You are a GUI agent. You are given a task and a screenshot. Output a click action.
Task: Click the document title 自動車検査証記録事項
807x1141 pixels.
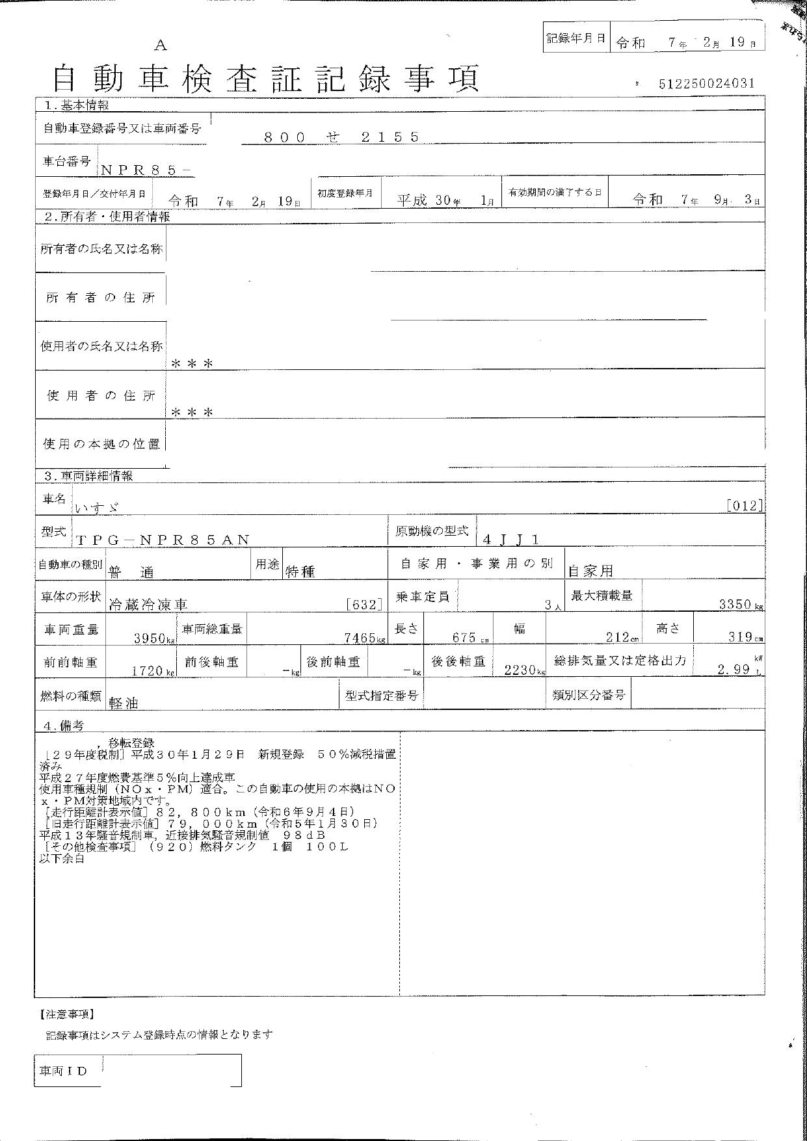click(266, 79)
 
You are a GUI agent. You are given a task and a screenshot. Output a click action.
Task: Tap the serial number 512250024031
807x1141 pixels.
click(706, 83)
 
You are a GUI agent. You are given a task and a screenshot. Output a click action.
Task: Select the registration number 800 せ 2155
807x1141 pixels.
click(341, 137)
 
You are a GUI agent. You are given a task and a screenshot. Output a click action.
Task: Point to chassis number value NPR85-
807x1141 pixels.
click(146, 170)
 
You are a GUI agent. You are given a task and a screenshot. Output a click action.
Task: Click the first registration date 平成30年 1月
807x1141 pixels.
click(445, 200)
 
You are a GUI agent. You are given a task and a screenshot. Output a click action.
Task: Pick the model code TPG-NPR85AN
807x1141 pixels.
click(162, 539)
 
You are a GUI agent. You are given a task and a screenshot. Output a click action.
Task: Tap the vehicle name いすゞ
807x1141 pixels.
click(98, 507)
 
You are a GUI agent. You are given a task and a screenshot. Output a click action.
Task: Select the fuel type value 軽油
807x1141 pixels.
click(124, 703)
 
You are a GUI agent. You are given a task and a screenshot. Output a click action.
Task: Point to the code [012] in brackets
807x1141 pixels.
click(745, 506)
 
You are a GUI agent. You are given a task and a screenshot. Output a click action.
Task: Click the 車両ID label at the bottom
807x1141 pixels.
click(63, 1071)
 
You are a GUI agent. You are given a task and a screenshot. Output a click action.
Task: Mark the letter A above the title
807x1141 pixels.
click(161, 46)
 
